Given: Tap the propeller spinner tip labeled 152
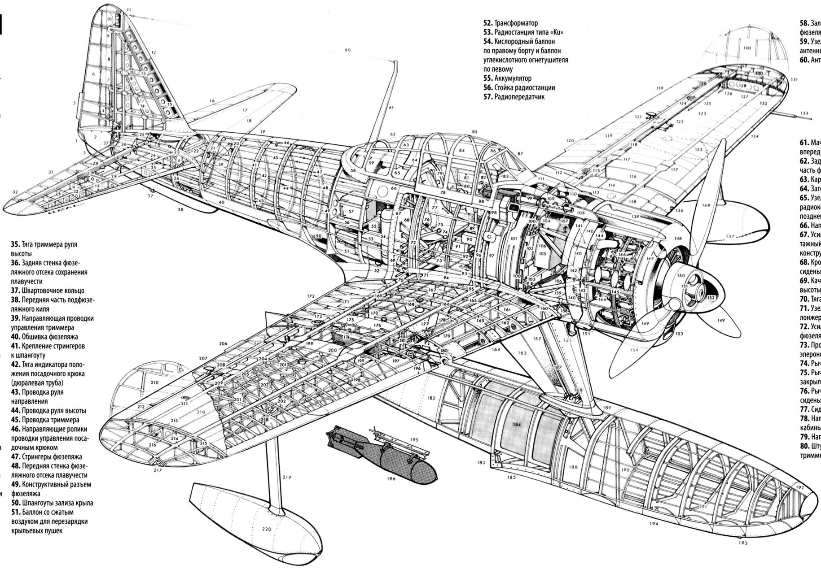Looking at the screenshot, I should pos(711,298).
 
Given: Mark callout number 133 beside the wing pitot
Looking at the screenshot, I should pos(804,113).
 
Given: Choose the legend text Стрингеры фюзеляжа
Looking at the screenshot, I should pos(53,457).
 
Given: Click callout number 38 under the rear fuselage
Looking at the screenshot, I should pos(180,209).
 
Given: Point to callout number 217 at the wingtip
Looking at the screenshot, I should pos(157,470).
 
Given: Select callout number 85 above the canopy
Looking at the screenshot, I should pos(474,132).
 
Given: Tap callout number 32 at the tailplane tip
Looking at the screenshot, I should pos(15,192).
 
